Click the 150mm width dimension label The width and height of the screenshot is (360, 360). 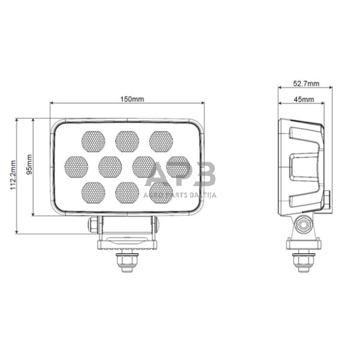pyautogui.click(x=129, y=99)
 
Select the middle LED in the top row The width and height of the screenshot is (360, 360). pyautogui.click(x=127, y=140)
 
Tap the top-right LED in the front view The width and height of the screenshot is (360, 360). pyautogui.click(x=160, y=140)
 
